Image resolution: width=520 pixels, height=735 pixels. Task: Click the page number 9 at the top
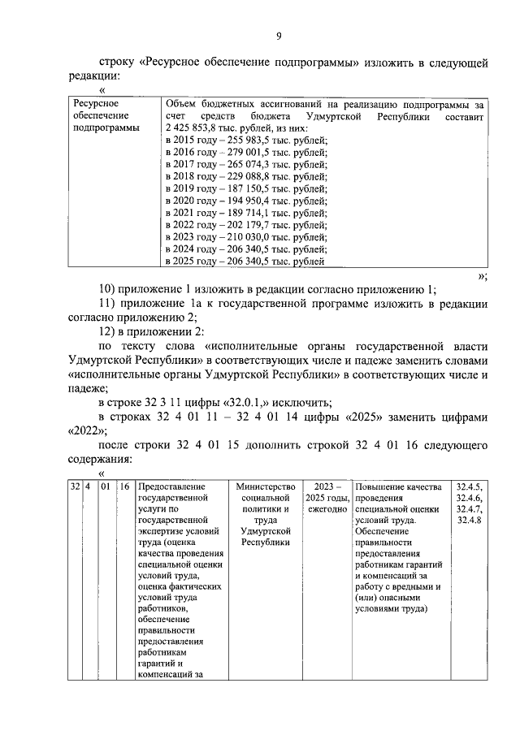tap(278, 35)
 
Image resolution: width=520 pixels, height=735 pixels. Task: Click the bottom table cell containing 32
tap(74, 486)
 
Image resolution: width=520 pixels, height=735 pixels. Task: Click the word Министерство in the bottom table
tap(265, 486)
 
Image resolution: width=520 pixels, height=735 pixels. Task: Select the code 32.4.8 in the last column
tap(470, 520)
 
